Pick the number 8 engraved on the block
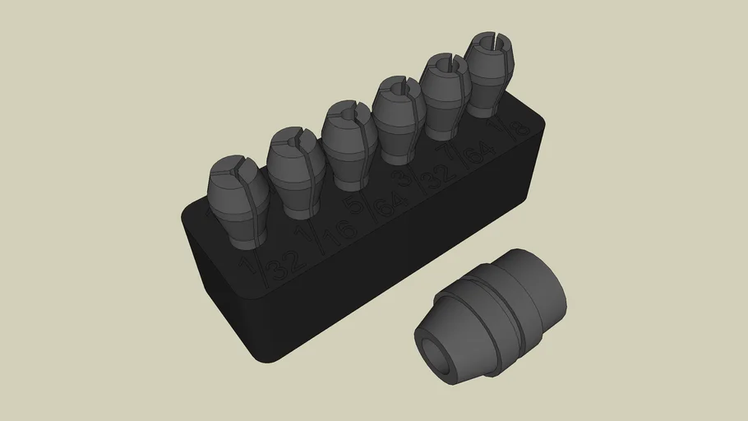tap(519, 129)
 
